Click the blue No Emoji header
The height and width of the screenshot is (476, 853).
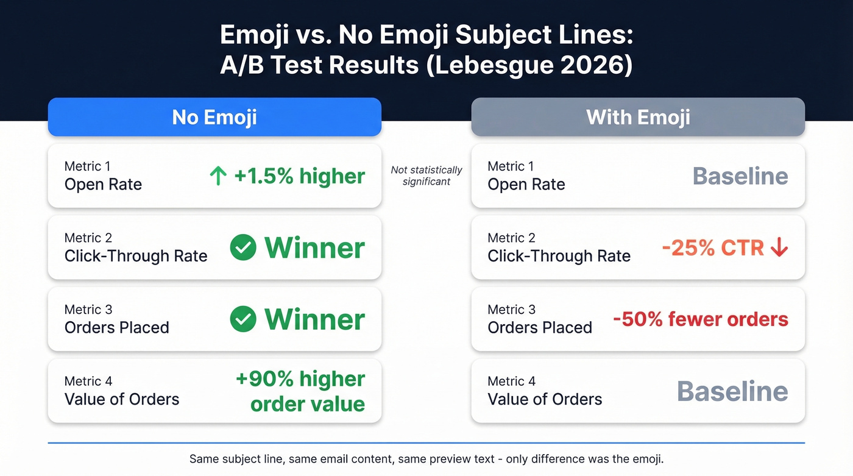(214, 117)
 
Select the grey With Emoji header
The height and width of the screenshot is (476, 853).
(638, 117)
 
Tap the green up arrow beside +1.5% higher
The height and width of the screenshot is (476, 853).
(218, 177)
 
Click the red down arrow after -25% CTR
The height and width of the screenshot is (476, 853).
(779, 248)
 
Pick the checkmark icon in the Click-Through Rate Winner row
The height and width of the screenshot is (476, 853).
(243, 248)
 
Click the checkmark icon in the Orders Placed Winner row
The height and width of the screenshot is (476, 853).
(243, 319)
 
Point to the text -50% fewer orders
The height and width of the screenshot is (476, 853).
(700, 319)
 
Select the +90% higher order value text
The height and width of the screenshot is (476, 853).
(301, 391)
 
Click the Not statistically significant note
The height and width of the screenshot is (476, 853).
(426, 176)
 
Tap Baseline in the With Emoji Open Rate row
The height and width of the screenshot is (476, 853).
(740, 176)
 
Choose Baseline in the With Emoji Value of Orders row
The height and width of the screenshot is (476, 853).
(732, 391)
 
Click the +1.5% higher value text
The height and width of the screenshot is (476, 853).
(299, 177)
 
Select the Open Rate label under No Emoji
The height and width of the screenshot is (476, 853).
(103, 185)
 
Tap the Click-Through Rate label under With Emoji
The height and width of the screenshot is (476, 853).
(559, 256)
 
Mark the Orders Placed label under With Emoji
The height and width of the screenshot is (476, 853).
(540, 327)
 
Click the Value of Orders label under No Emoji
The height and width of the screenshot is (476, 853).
(122, 399)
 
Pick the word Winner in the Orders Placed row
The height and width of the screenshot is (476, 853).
(314, 319)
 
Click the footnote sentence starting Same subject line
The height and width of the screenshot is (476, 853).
(426, 458)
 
